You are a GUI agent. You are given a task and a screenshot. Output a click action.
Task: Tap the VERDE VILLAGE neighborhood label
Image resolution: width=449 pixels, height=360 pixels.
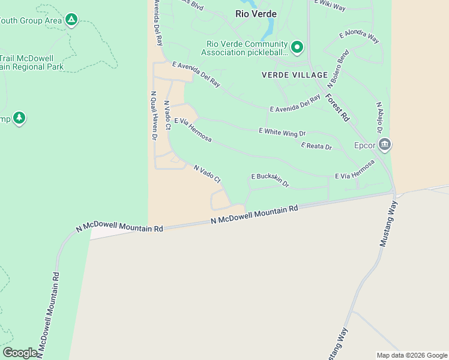click(295, 75)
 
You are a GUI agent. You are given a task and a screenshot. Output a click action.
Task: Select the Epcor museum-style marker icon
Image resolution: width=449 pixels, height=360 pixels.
click(385, 144)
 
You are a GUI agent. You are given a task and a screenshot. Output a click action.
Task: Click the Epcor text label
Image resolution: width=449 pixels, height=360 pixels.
click(364, 145)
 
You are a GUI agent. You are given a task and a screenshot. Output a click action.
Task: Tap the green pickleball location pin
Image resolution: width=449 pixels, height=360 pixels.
click(297, 47)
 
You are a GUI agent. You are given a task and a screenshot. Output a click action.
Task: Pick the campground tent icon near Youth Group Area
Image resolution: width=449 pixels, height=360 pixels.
click(71, 20)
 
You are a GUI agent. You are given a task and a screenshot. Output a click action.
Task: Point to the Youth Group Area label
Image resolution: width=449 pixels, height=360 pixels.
click(30, 20)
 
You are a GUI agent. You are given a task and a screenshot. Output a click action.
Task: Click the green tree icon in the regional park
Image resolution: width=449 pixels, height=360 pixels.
click(20, 118)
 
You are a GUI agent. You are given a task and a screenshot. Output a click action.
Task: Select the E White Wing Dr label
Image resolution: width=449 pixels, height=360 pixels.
click(282, 131)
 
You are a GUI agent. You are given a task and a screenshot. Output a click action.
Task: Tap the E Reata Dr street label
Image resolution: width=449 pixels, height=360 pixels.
click(316, 146)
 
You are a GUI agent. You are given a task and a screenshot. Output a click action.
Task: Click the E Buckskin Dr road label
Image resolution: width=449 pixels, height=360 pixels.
click(270, 179)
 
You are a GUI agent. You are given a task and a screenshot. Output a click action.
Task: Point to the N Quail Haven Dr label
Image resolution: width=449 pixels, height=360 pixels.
click(154, 116)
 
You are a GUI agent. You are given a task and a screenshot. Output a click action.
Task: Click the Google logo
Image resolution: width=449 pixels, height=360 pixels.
click(20, 352)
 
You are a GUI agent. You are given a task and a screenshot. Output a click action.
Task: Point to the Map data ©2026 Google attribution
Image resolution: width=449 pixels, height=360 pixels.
click(412, 355)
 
